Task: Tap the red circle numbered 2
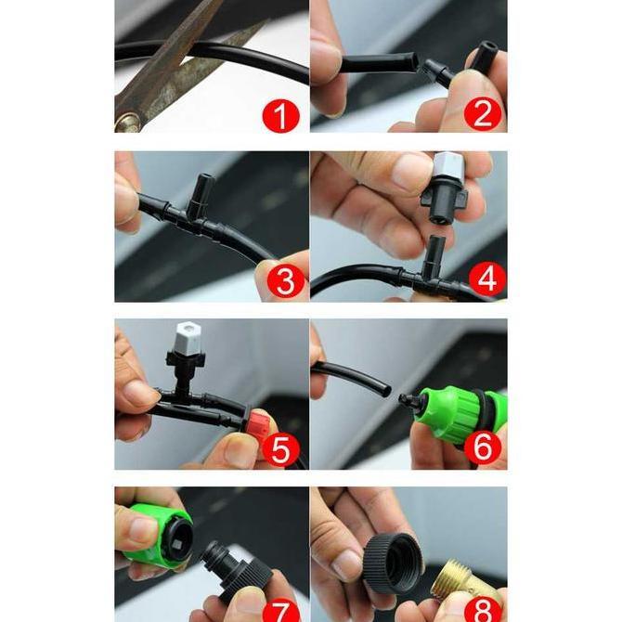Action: click(x=483, y=113)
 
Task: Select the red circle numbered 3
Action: click(x=286, y=280)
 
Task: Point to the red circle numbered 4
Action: click(x=486, y=279)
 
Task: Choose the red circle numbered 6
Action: click(x=482, y=447)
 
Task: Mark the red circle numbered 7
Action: click(x=281, y=611)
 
